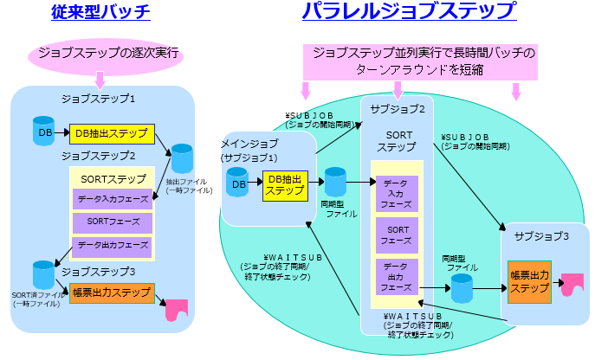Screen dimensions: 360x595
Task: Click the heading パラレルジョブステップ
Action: pyautogui.click(x=409, y=11)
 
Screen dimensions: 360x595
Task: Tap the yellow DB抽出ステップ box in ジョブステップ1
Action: pyautogui.click(x=112, y=134)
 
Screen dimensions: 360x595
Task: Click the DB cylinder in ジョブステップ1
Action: pyautogui.click(x=43, y=132)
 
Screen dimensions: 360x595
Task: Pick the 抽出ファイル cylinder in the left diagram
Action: pyautogui.click(x=182, y=159)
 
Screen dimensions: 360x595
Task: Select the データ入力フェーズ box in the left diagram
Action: pyautogui.click(x=112, y=199)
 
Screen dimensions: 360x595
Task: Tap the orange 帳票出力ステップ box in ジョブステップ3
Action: pyautogui.click(x=112, y=292)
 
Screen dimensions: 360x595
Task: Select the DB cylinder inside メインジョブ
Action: pyautogui.click(x=238, y=183)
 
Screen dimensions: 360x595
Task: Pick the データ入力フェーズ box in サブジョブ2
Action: pyautogui.click(x=397, y=195)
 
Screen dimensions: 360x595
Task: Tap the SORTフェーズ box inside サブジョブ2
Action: pyautogui.click(x=397, y=233)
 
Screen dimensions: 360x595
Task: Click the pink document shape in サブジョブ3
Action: pyautogui.click(x=572, y=286)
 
